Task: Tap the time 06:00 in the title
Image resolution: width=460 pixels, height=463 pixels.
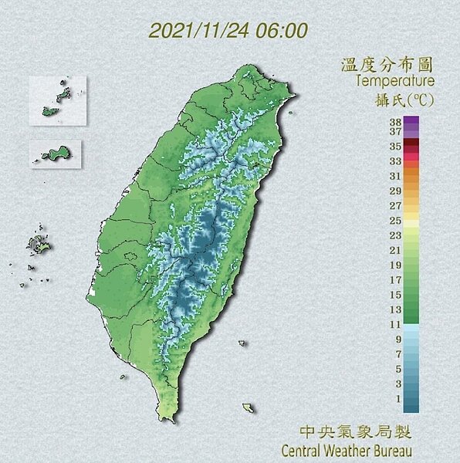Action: [286, 31]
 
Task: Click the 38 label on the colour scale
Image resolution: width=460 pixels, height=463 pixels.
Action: [395, 121]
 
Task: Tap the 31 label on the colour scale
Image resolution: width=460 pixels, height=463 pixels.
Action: [395, 176]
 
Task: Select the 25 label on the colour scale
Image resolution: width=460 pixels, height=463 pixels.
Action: [395, 221]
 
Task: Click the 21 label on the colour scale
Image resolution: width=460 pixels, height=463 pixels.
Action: [395, 250]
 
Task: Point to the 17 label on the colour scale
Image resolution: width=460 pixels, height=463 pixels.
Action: [395, 279]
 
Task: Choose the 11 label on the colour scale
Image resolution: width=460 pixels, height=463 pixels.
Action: [395, 325]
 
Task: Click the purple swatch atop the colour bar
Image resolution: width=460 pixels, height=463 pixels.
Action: [411, 121]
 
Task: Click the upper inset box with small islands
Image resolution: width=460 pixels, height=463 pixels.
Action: [58, 100]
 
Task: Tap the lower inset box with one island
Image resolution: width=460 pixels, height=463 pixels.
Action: [56, 151]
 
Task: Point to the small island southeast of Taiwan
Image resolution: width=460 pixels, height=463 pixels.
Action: [248, 407]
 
